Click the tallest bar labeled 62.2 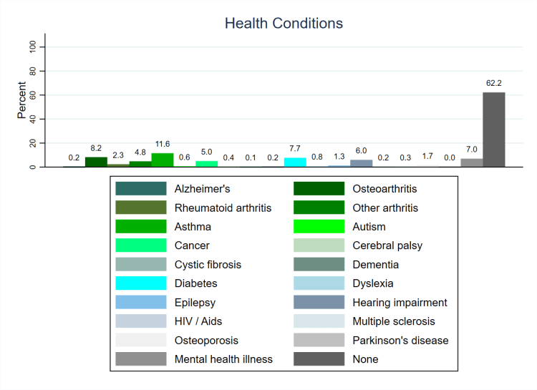pos(493,130)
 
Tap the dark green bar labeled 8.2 pos(96,162)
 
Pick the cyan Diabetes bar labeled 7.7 pos(295,162)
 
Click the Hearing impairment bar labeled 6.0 pos(362,163)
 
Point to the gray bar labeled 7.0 pos(471,162)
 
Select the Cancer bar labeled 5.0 pos(207,164)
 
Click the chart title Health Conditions pos(284,24)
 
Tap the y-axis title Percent pos(22,100)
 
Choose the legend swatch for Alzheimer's pos(140,189)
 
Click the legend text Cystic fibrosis pos(208,265)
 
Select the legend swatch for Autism pos(318,227)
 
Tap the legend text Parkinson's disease pos(400,340)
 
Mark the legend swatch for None pos(318,359)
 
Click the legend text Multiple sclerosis pos(393,321)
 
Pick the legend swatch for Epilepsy pos(140,302)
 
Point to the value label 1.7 pos(427,156)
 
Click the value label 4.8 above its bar pos(140,152)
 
